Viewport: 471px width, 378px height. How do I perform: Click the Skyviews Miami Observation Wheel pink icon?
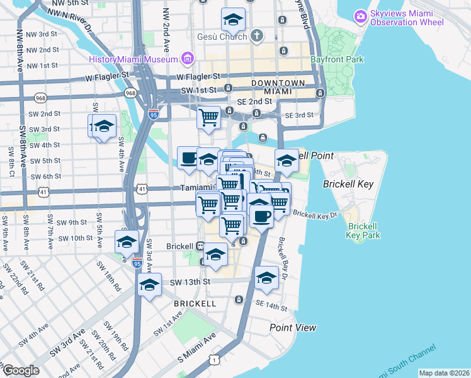[x=360, y=14]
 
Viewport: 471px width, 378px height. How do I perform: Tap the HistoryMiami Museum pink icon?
[x=187, y=59]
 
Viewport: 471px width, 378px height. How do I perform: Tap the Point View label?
[x=293, y=328]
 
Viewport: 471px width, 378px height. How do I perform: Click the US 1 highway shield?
[x=216, y=359]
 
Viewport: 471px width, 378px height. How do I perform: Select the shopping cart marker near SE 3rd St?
[x=208, y=117]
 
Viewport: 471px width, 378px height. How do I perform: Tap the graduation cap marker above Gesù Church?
[x=233, y=20]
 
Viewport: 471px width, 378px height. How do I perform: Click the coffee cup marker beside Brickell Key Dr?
[x=261, y=215]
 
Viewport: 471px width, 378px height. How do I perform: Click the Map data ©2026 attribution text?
[x=443, y=373]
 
